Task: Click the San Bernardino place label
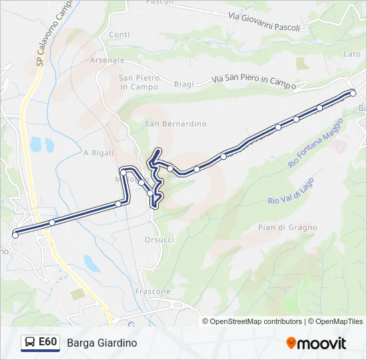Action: [x=175, y=124]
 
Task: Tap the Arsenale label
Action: [x=111, y=60]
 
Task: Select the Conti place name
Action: [x=119, y=35]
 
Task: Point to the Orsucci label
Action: [x=159, y=239]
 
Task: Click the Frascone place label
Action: [x=153, y=292]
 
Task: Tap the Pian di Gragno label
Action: [x=288, y=227]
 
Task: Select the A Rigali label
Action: [x=97, y=153]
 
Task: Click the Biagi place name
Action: [x=183, y=84]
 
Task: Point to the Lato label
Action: [x=352, y=54]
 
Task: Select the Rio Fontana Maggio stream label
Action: [x=316, y=143]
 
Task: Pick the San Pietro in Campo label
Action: [x=139, y=82]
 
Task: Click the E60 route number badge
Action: [x=47, y=342]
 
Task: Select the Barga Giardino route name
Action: [x=101, y=343]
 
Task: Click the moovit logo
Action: [x=316, y=343]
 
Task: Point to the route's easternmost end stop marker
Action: [x=353, y=93]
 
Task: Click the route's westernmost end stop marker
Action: [x=15, y=235]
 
